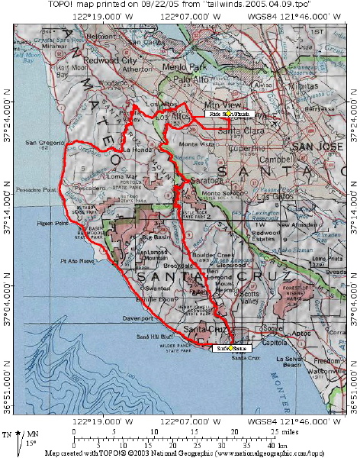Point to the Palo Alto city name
pos(191,79)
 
